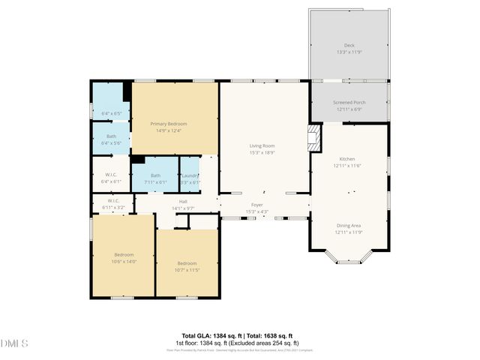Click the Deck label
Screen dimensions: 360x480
(349, 45)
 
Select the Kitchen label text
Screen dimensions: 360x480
(347, 159)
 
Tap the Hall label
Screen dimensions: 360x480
(183, 201)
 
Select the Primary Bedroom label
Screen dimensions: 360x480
(169, 124)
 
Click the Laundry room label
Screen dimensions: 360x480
(190, 175)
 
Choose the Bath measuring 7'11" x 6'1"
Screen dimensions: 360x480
(155, 175)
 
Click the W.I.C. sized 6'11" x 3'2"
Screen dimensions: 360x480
(113, 201)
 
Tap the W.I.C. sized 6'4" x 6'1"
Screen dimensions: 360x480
(110, 178)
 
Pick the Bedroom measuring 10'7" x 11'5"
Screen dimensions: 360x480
(187, 263)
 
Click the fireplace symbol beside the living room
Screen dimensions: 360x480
(315, 136)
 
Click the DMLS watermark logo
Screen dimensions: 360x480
(14, 343)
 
